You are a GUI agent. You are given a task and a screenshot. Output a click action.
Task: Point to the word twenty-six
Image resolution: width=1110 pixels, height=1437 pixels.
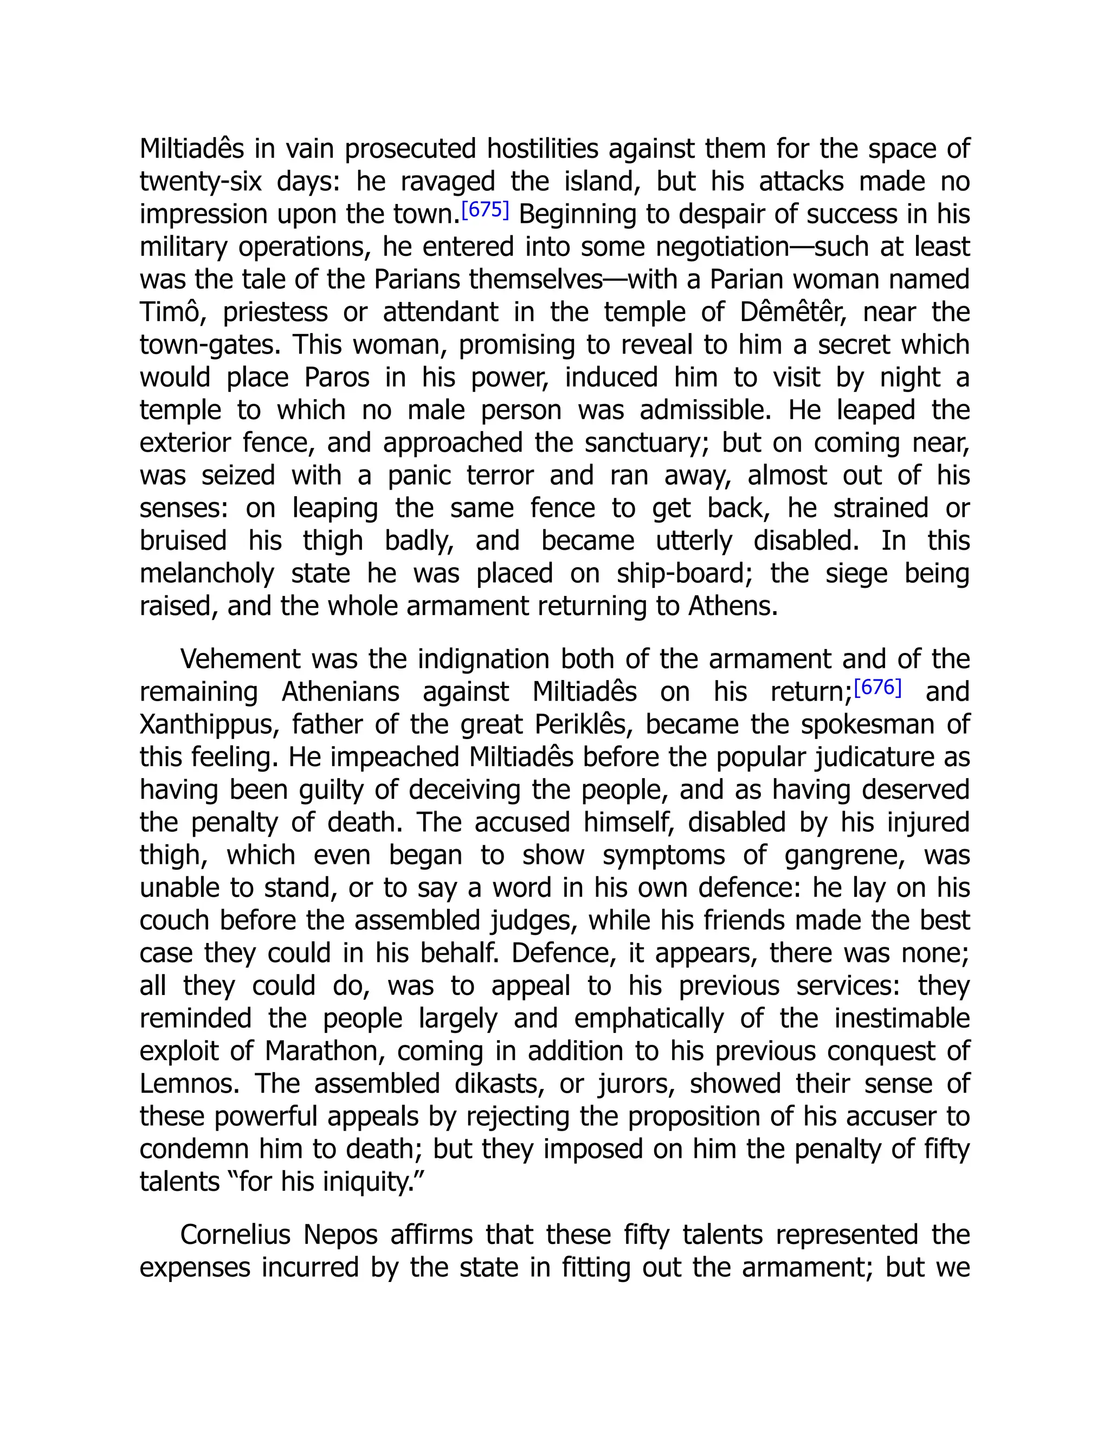click(x=201, y=182)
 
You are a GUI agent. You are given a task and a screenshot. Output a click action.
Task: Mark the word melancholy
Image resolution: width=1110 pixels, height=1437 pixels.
click(x=206, y=574)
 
